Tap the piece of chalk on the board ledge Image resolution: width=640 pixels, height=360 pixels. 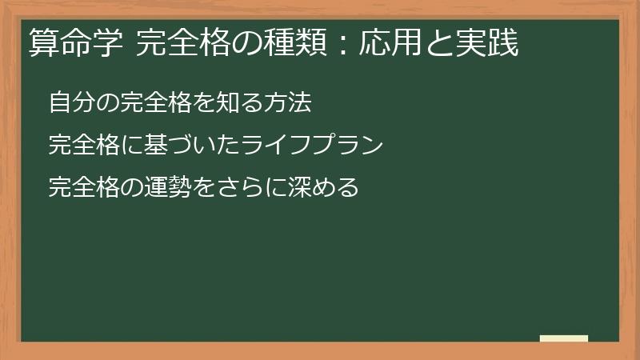tap(564, 338)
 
